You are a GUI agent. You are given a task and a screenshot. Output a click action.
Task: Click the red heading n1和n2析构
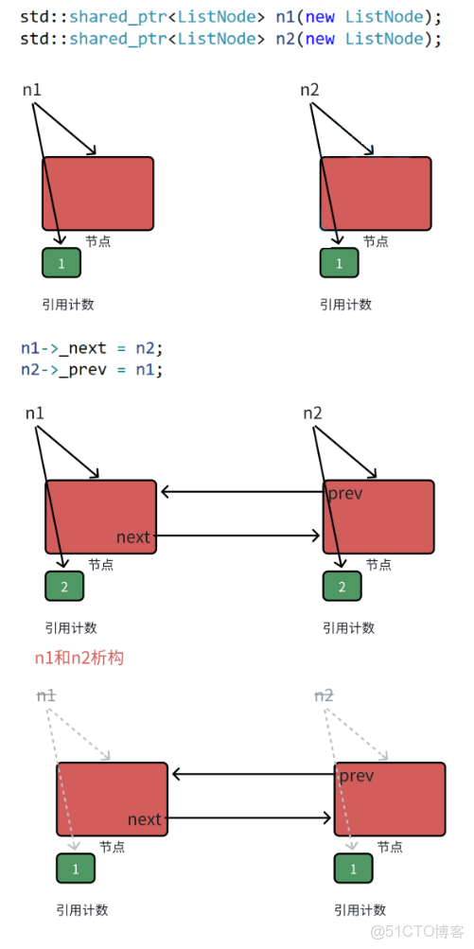[x=79, y=658]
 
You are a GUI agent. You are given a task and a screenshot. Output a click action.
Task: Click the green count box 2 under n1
[x=64, y=588]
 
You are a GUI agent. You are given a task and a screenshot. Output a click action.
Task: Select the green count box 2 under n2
[x=342, y=588]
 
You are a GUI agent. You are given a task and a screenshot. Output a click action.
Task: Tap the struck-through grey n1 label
[x=46, y=695]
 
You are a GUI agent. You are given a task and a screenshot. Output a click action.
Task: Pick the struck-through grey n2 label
[x=324, y=695]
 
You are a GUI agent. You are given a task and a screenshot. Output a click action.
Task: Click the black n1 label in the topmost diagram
[x=32, y=90]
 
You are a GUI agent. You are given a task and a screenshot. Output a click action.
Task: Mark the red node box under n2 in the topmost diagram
[x=376, y=193]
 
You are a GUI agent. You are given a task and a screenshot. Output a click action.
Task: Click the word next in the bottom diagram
[x=145, y=819]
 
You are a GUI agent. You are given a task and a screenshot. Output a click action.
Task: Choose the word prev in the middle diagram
[x=345, y=494]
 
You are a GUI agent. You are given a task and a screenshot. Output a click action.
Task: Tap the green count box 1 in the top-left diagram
[x=61, y=263]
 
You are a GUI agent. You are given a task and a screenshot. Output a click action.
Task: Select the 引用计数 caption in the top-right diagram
[x=345, y=305]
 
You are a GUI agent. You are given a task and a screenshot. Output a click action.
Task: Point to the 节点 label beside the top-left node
[x=97, y=241]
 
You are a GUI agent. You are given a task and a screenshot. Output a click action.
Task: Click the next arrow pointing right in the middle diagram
[x=237, y=536]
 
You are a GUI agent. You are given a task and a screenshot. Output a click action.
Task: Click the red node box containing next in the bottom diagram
[x=112, y=800]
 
